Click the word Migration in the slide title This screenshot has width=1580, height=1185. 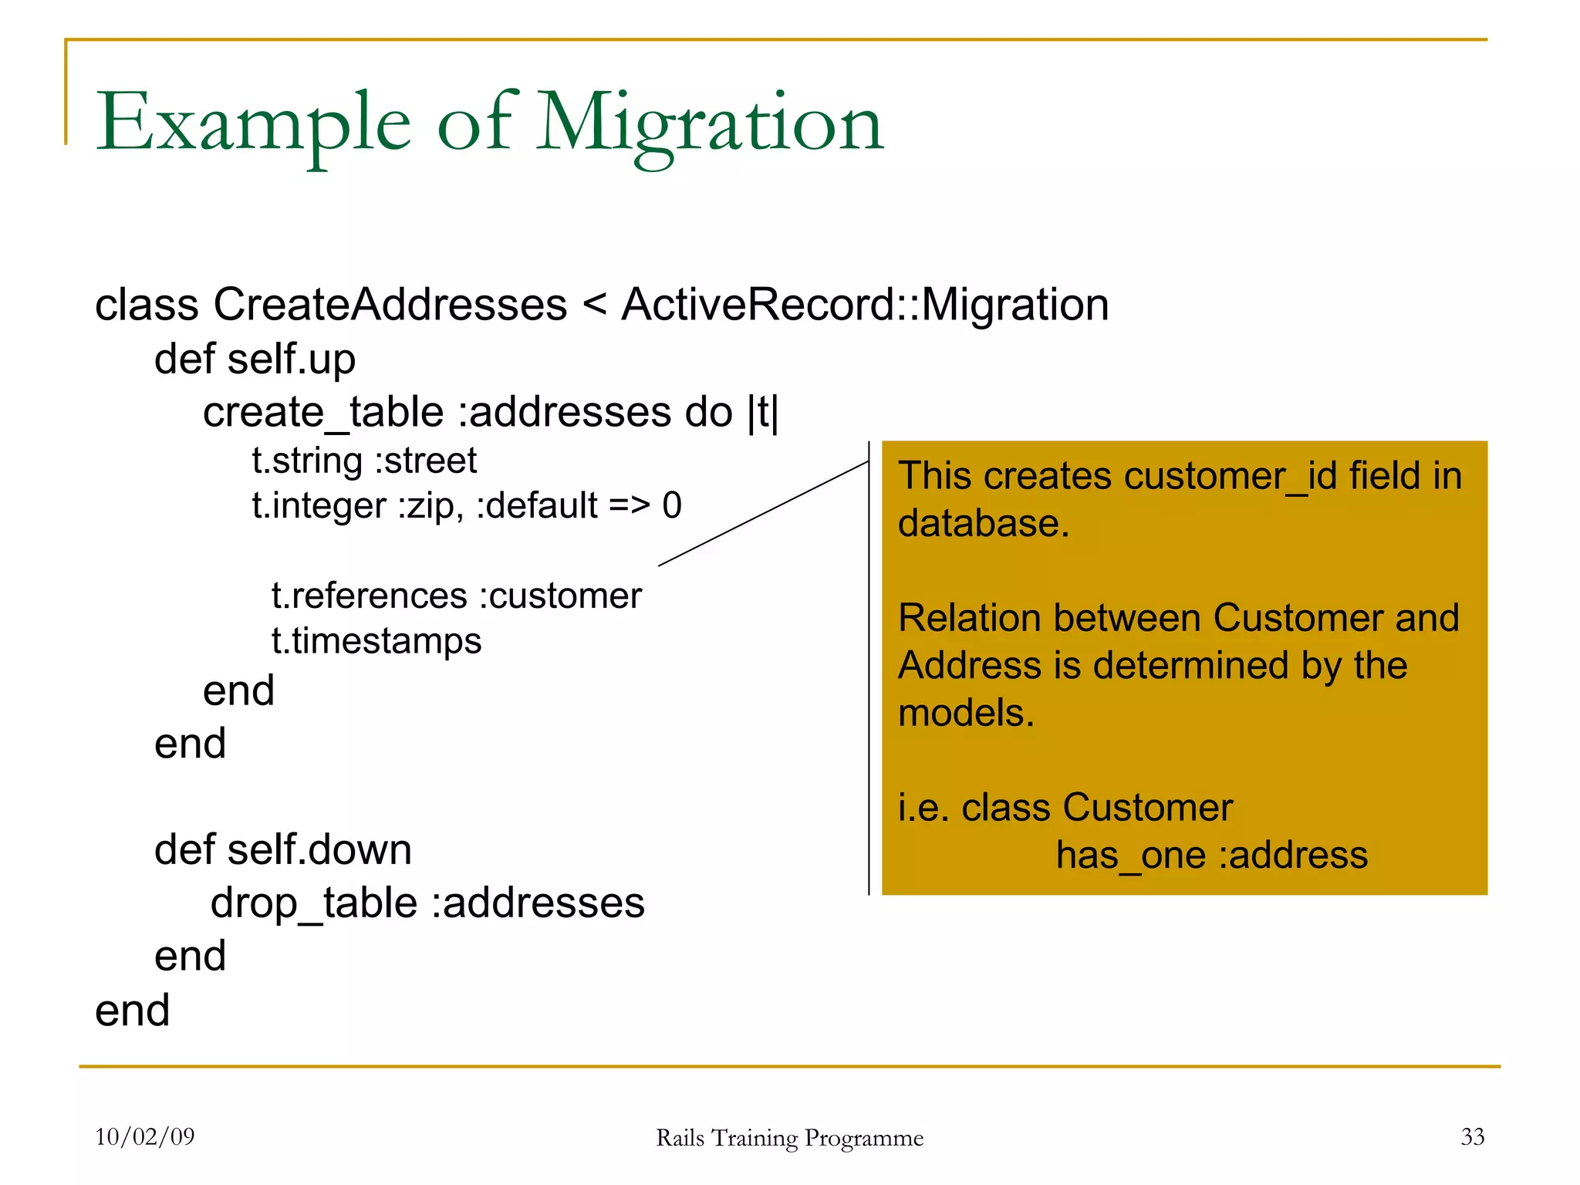[x=710, y=123]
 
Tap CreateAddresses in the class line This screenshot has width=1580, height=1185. [x=390, y=305]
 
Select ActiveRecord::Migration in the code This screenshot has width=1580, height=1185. [x=865, y=305]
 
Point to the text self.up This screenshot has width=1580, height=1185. [x=292, y=360]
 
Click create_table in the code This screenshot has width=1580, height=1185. [x=323, y=413]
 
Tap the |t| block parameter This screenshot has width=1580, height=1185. [x=763, y=413]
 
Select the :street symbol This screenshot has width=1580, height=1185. [x=426, y=461]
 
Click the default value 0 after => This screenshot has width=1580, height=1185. [x=672, y=506]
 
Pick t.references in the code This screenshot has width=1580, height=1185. [x=370, y=596]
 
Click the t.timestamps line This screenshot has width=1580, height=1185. [x=376, y=641]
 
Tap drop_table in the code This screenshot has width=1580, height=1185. [x=314, y=903]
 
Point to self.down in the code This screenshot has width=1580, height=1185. [x=319, y=850]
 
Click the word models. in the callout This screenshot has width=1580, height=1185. [x=966, y=713]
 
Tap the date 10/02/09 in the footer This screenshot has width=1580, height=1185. [x=145, y=1137]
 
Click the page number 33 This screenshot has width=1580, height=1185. [x=1472, y=1137]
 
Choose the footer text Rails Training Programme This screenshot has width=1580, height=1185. [x=789, y=1139]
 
